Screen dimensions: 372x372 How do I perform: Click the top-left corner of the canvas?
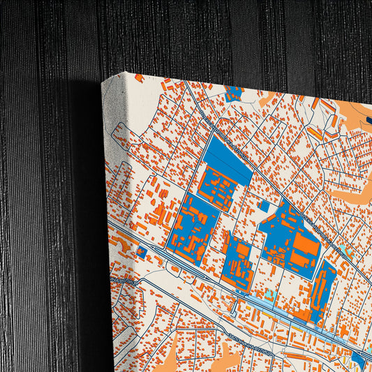(x=103, y=82)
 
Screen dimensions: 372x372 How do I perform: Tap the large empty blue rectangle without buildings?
(x=228, y=155)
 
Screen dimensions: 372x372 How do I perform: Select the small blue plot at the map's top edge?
(x=234, y=93)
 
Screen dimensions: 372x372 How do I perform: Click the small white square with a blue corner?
(x=265, y=206)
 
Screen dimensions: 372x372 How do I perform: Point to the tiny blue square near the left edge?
(x=142, y=251)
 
